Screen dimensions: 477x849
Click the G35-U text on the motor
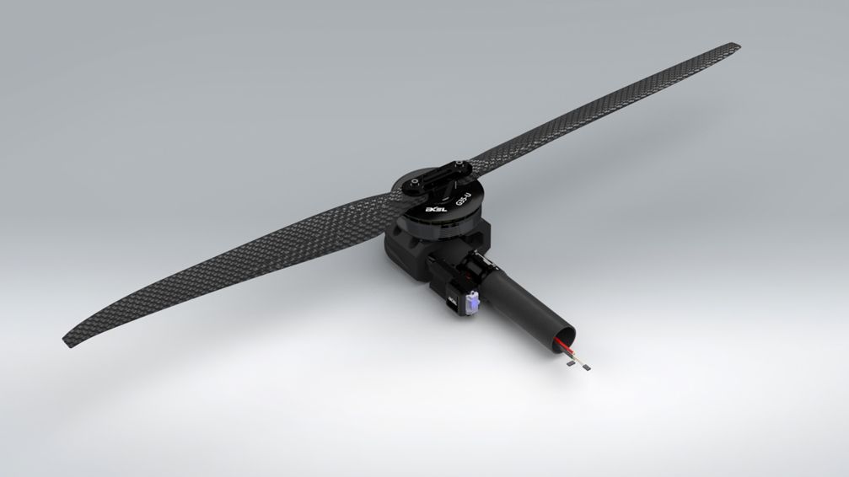tap(463, 200)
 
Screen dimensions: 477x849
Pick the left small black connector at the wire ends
tap(571, 367)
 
